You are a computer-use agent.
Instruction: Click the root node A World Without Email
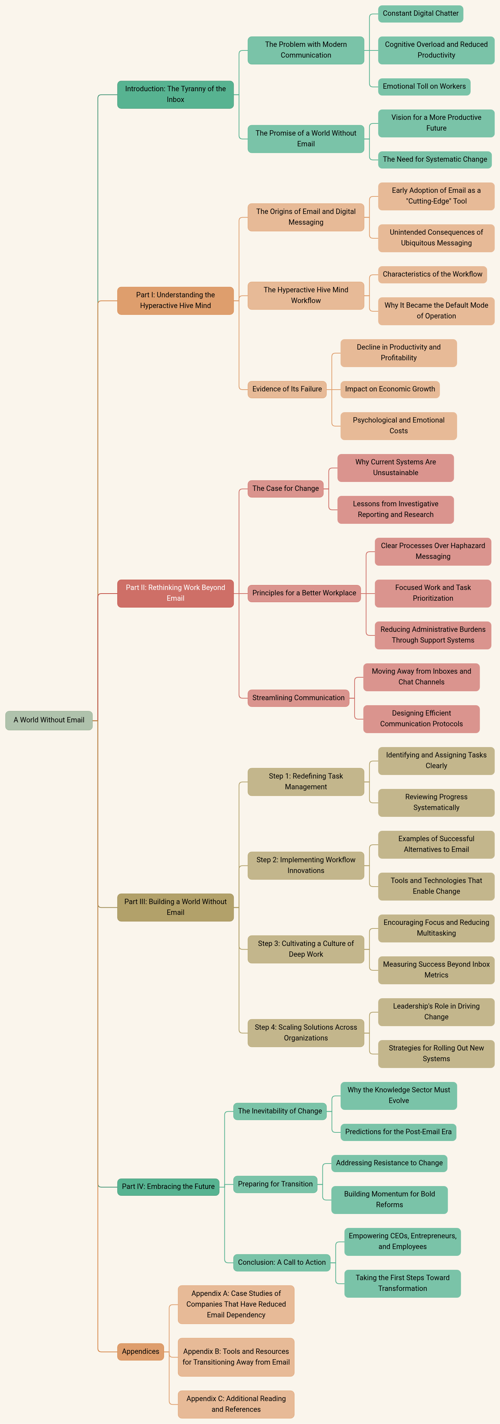[49, 720]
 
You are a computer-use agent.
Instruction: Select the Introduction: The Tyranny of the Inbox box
[175, 94]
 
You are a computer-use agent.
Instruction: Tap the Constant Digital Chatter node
[420, 13]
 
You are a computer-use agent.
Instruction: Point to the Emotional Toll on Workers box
[424, 86]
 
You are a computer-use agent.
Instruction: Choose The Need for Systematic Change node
[435, 159]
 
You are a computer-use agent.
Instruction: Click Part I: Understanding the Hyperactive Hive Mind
[175, 300]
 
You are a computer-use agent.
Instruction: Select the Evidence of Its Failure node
[287, 389]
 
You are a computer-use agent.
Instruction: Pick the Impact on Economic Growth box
[390, 389]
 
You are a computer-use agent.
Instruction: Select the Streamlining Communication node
[298, 698]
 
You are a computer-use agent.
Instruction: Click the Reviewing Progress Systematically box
[436, 802]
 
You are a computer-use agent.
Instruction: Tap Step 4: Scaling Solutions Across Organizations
[306, 1032]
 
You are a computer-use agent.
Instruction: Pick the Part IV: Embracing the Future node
[168, 1186]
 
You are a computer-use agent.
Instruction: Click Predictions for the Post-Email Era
[398, 1132]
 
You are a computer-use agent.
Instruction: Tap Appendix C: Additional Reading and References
[236, 1404]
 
